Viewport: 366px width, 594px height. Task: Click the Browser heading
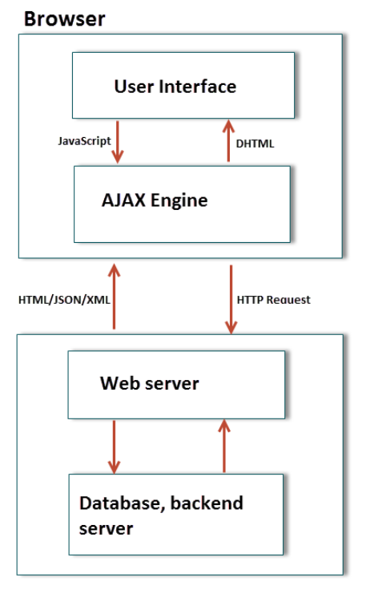tap(64, 19)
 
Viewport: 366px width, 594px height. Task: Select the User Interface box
tap(183, 85)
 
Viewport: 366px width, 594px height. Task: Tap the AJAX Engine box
tap(182, 204)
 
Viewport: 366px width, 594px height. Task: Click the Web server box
tap(176, 385)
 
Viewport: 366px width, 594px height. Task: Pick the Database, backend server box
tap(176, 515)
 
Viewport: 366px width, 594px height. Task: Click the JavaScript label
tap(84, 141)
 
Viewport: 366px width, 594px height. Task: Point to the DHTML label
tap(255, 143)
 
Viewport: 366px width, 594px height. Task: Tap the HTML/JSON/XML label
tap(64, 300)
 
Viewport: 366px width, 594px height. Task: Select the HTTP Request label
tap(273, 300)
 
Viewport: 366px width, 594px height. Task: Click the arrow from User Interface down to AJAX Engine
tap(118, 142)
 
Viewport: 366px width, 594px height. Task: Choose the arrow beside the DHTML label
tap(228, 141)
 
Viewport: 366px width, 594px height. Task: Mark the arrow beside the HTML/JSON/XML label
tap(114, 297)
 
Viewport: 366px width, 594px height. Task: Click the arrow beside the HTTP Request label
tap(231, 299)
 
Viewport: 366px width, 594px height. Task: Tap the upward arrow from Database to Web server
tap(224, 446)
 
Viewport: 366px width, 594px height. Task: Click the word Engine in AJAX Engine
tap(179, 200)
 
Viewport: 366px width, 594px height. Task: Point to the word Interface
tap(197, 87)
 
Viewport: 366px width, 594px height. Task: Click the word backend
tap(207, 503)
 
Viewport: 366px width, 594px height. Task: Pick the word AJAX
tap(123, 200)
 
